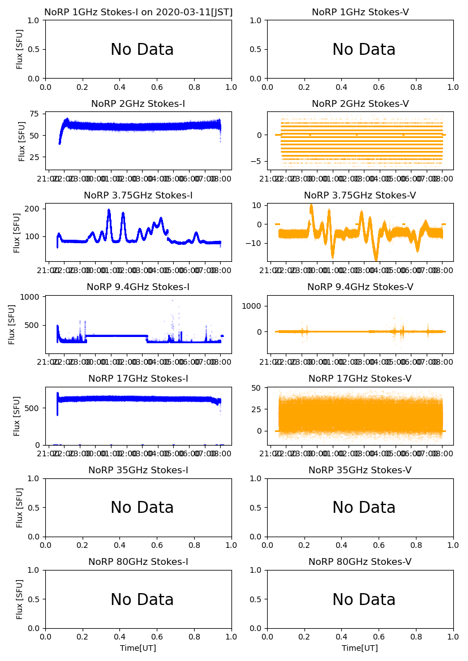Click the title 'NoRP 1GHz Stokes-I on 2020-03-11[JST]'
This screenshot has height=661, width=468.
tap(138, 12)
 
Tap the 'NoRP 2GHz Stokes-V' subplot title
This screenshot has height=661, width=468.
tap(360, 103)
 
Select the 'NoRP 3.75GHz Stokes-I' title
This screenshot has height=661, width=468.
tap(138, 195)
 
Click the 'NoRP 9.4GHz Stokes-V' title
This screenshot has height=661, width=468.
tap(360, 287)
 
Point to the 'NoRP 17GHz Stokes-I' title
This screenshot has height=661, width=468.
tap(138, 378)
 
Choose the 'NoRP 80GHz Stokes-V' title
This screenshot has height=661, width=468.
tap(360, 561)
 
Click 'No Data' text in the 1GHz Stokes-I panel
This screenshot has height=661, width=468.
tap(142, 50)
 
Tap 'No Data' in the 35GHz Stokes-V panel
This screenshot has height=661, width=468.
tap(364, 508)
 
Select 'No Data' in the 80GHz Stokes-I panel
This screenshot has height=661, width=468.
tap(142, 599)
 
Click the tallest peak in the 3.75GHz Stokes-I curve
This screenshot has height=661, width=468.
tap(109, 210)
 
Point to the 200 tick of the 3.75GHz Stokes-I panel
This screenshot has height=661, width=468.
tap(33, 209)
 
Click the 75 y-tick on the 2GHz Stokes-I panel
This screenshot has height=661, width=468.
tap(35, 114)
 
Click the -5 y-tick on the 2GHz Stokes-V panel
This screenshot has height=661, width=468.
tap(257, 161)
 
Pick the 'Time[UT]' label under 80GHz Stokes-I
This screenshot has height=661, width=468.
tap(138, 648)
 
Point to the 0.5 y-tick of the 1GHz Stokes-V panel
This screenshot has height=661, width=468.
tap(257, 49)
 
